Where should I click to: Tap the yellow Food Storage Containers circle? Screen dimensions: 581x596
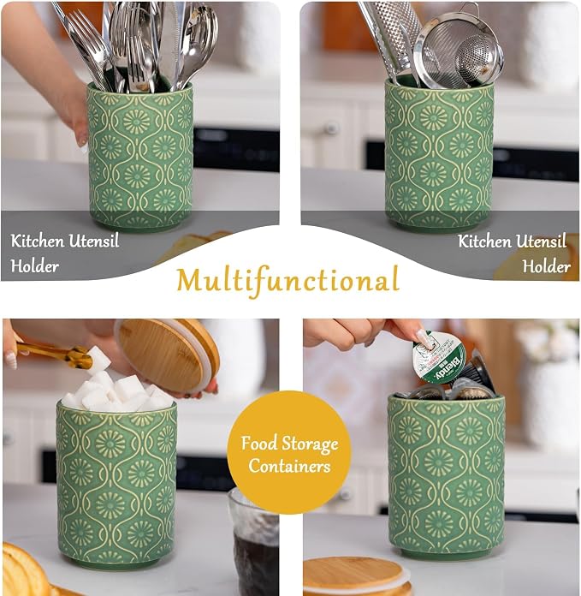(x=289, y=452)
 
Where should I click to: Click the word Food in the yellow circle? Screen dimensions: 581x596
(x=259, y=444)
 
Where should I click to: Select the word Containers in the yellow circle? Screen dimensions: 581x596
(x=289, y=466)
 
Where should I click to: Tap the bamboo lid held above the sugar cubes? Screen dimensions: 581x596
(x=167, y=355)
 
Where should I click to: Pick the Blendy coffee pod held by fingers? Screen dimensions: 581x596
(x=439, y=357)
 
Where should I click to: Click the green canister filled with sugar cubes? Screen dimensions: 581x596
(x=117, y=483)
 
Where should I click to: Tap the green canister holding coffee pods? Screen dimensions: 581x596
(x=446, y=475)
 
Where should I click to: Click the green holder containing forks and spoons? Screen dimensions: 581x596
(x=140, y=156)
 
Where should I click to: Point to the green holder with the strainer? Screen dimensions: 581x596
(x=439, y=155)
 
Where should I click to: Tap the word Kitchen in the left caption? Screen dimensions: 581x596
(x=37, y=241)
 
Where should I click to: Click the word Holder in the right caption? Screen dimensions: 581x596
(x=547, y=266)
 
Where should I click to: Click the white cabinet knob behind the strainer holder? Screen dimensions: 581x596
(x=331, y=128)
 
